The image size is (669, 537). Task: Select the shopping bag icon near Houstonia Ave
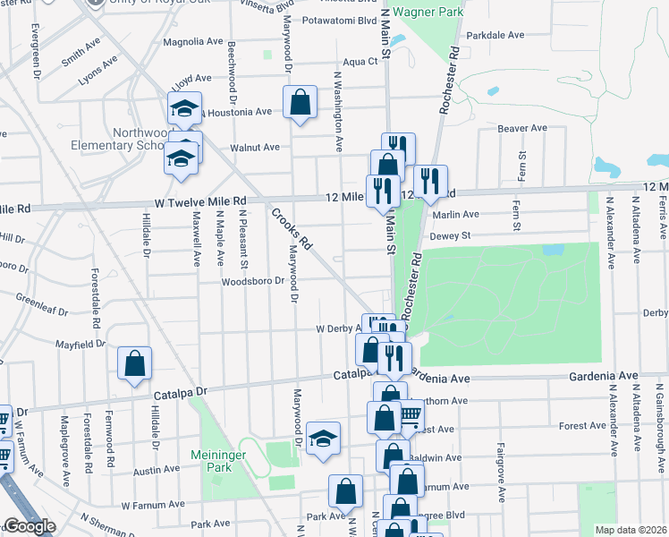[300, 101]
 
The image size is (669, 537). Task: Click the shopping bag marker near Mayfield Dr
[134, 363]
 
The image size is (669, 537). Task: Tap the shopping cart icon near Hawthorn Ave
[410, 415]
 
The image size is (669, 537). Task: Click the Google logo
[29, 526]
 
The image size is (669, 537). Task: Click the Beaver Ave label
[522, 128]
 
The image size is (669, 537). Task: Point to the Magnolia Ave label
[192, 41]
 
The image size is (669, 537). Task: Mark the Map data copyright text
[631, 530]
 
